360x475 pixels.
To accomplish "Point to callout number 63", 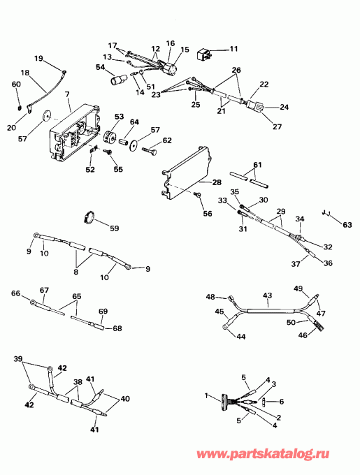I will (x=347, y=225).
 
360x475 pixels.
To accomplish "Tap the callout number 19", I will (x=38, y=58).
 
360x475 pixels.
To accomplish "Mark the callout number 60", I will (x=16, y=84).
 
